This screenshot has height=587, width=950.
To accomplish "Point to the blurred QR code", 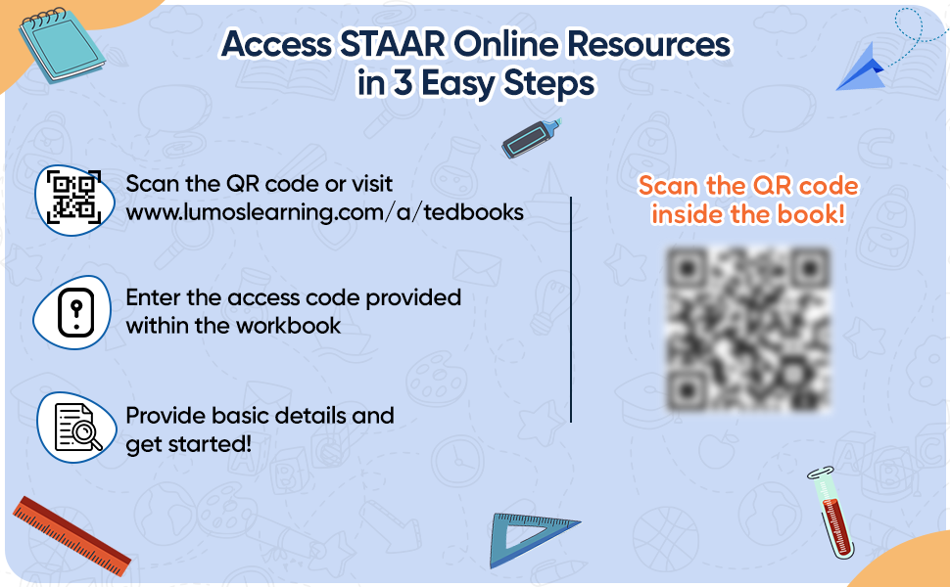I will pos(748,328).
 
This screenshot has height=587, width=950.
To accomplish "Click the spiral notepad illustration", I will pos(61,41).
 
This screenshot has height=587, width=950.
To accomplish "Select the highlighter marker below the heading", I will pos(530,138).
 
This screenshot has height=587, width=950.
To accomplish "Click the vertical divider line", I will pos(571,308).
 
